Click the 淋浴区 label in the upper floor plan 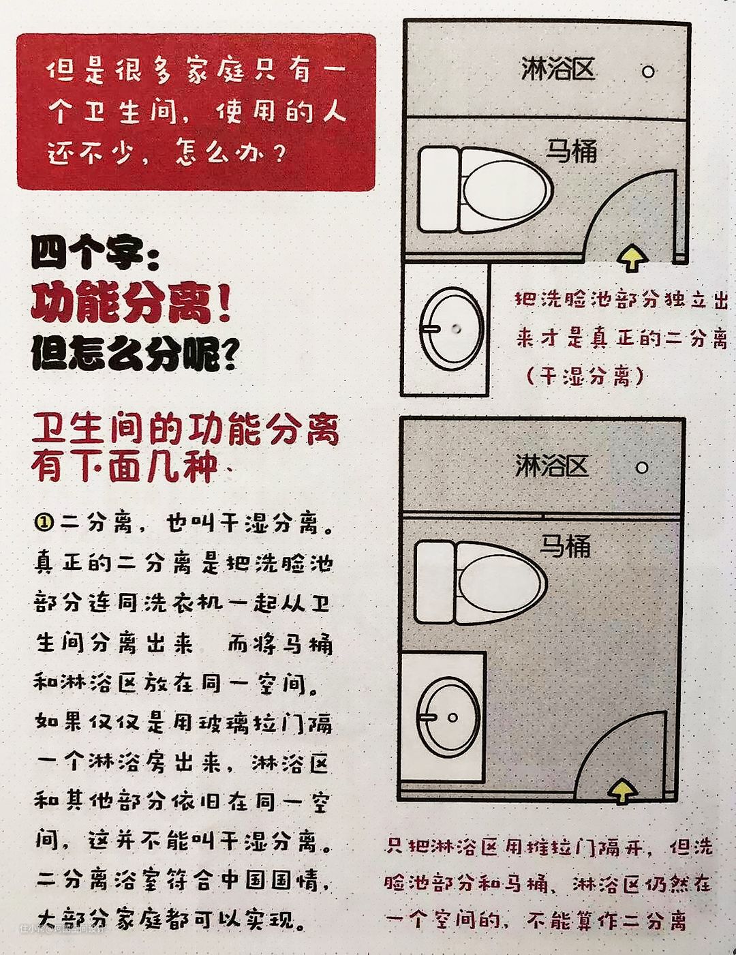[x=558, y=69]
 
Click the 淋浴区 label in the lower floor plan [x=552, y=466]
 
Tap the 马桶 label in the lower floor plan [x=566, y=546]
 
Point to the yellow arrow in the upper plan [x=632, y=258]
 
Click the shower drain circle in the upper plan [x=649, y=72]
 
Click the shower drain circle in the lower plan [x=642, y=468]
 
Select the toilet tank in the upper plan [x=438, y=190]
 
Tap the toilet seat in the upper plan [x=505, y=190]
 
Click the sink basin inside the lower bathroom [x=448, y=717]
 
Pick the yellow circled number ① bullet [x=44, y=523]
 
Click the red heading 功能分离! [x=131, y=303]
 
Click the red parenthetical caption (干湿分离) [x=585, y=376]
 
